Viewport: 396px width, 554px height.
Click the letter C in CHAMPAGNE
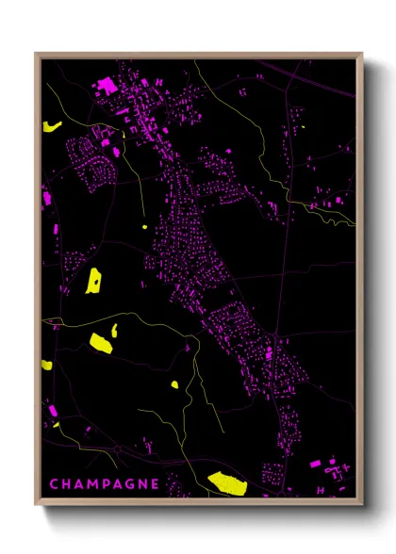click(x=53, y=484)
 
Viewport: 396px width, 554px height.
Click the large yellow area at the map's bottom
click(x=227, y=482)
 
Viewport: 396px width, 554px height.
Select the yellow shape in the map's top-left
click(x=50, y=125)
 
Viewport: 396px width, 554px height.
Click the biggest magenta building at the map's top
click(x=107, y=86)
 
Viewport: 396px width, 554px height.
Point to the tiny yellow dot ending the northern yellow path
click(x=143, y=226)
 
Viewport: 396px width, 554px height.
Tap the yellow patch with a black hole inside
click(x=94, y=280)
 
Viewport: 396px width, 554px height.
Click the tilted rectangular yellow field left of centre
click(x=100, y=342)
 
